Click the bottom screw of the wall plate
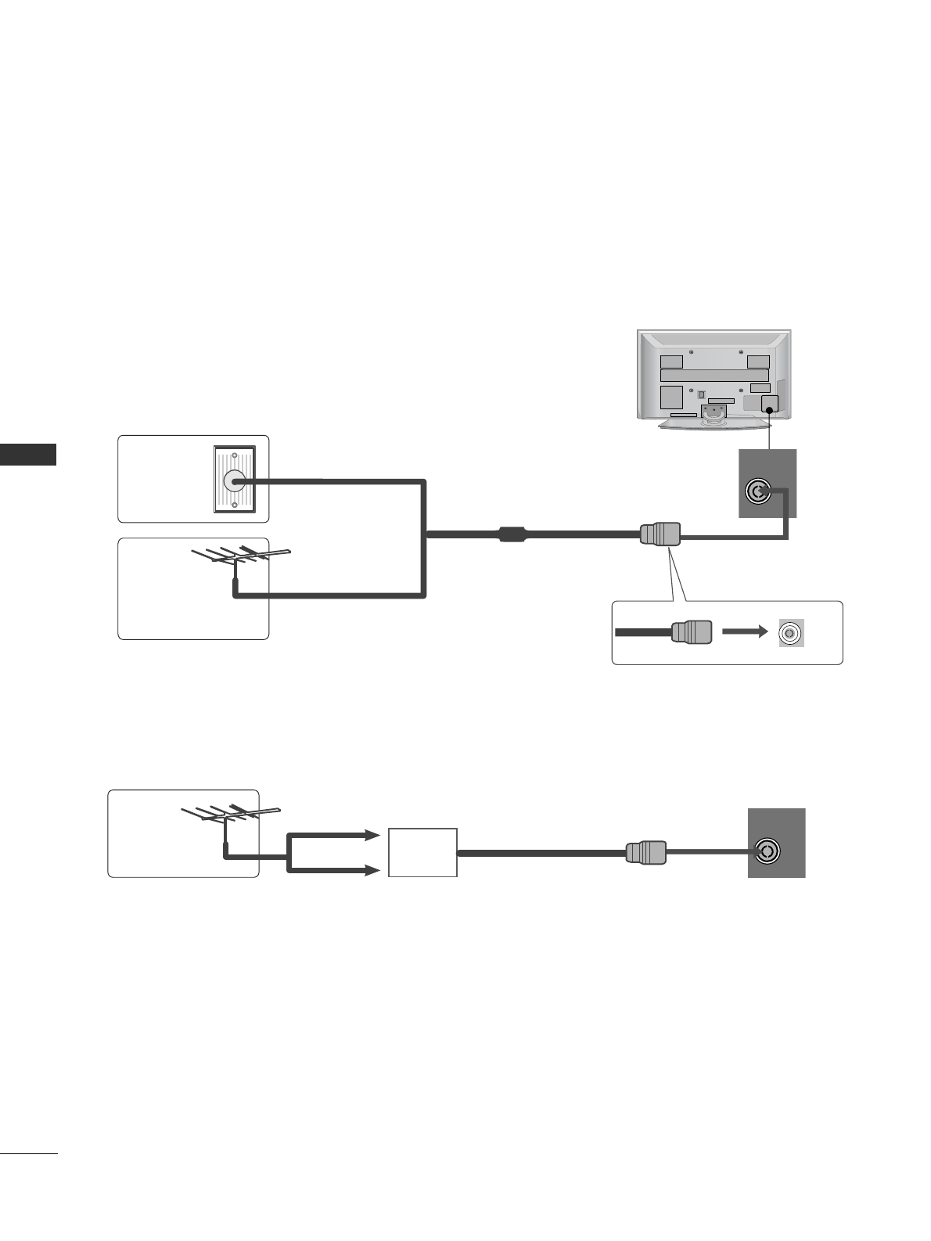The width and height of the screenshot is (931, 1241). [234, 507]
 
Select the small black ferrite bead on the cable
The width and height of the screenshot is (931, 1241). [512, 535]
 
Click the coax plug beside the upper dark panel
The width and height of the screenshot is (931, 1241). [660, 534]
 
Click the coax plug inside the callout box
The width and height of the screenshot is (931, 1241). [691, 632]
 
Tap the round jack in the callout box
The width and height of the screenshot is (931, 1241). [791, 632]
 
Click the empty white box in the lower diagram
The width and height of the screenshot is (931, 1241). [422, 852]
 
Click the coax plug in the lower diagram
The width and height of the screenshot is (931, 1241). [646, 852]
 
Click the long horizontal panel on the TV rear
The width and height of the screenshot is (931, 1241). [714, 376]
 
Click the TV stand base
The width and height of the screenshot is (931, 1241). [714, 424]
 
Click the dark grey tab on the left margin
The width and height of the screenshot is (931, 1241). [28, 454]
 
